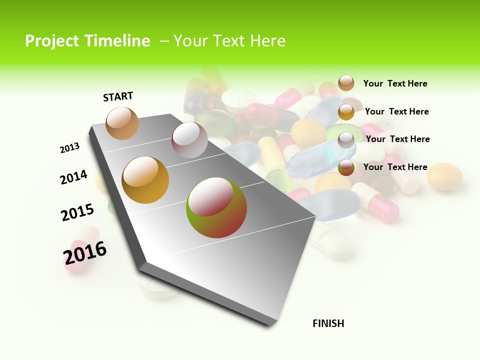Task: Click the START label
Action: pos(118,96)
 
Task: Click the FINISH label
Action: pos(328,323)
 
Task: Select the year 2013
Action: pos(69,148)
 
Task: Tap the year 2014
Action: pos(73,177)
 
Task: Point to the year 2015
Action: pos(77,212)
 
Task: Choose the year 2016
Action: pos(85,253)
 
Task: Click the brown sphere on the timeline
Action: pos(122,123)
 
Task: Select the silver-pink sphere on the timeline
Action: pos(189,140)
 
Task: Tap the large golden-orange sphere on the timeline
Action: pos(145,180)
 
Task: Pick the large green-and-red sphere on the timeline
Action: pos(216,207)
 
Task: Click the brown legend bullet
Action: pos(346,83)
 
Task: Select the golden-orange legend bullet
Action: pos(346,112)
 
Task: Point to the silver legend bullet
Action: pos(346,140)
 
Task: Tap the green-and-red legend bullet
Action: pos(346,168)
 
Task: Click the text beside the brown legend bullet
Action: pos(395,84)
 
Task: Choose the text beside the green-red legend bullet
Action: pos(395,167)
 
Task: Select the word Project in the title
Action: pos(51,41)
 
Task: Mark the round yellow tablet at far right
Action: pos(444,176)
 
